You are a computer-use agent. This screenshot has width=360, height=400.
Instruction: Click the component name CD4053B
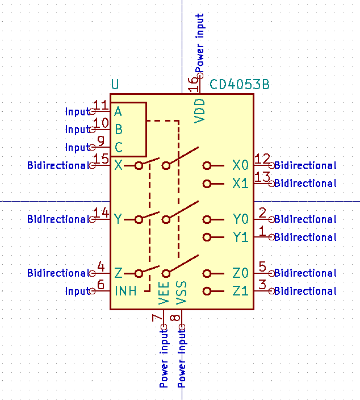pyautogui.click(x=240, y=85)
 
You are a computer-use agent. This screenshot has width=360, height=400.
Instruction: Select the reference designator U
pyautogui.click(x=115, y=85)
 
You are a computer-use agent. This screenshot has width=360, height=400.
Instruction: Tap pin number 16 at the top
pyautogui.click(x=194, y=85)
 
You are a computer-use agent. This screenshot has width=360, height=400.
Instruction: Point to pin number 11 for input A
pyautogui.click(x=101, y=105)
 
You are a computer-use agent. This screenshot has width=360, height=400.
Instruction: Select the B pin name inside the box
pyautogui.click(x=119, y=129)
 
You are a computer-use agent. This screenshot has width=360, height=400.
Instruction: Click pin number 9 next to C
pyautogui.click(x=101, y=141)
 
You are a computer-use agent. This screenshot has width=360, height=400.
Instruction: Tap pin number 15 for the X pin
pyautogui.click(x=101, y=159)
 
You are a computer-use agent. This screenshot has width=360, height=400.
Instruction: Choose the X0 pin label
pyautogui.click(x=240, y=165)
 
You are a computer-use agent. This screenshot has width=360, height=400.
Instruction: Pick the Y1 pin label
pyautogui.click(x=240, y=237)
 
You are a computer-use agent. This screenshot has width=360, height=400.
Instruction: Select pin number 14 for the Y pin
pyautogui.click(x=101, y=213)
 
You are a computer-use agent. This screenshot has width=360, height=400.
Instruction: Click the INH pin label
pyautogui.click(x=125, y=291)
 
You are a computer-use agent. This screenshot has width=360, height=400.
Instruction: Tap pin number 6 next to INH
pyautogui.click(x=101, y=285)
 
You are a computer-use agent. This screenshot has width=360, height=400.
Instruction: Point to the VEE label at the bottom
pyautogui.click(x=164, y=294)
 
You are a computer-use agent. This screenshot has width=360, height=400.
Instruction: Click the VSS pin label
pyautogui.click(x=182, y=294)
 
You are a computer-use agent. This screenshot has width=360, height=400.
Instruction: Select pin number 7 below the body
pyautogui.click(x=157, y=319)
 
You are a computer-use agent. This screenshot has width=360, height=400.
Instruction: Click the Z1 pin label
pyautogui.click(x=240, y=291)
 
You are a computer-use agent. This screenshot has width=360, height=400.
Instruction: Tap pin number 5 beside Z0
pyautogui.click(x=262, y=266)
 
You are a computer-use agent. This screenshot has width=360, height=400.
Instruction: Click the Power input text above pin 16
pyautogui.click(x=199, y=43)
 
